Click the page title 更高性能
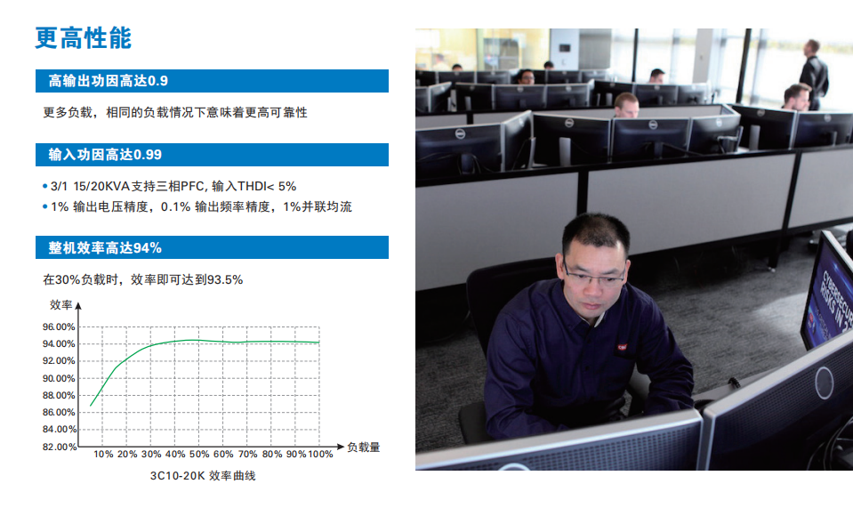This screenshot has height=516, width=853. point(84,38)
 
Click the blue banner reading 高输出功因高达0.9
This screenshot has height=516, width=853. point(213,81)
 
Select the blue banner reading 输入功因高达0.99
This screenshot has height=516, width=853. point(213,155)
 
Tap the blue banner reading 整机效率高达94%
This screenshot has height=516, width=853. point(213,247)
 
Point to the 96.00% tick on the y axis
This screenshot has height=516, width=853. point(59,327)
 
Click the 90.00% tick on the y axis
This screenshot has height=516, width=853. point(59,378)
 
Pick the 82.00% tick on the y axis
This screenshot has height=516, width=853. point(59,447)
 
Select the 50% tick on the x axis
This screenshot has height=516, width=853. point(199,454)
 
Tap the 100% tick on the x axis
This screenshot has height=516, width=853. point(320,454)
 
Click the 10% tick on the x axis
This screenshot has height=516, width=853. point(103,454)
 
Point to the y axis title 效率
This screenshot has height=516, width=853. point(60,305)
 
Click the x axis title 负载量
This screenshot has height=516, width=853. point(364,447)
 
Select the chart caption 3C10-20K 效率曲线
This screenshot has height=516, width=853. point(203,476)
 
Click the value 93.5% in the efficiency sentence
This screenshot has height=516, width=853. point(225,279)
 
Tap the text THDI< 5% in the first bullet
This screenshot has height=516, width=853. point(267,186)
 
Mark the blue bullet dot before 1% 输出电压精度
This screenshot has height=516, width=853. point(45,206)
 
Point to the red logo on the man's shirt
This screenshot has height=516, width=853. point(622,347)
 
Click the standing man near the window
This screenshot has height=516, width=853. point(813,75)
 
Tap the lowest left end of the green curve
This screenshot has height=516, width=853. point(91,406)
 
